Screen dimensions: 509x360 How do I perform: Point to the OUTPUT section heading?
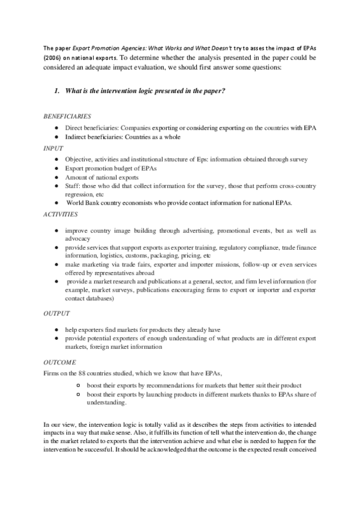point(56,313)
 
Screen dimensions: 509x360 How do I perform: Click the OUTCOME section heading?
point(59,363)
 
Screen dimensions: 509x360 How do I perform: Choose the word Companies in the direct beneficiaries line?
point(145,128)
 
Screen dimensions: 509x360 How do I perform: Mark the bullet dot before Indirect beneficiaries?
point(55,137)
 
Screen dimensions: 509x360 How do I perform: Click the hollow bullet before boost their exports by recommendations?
point(79,385)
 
